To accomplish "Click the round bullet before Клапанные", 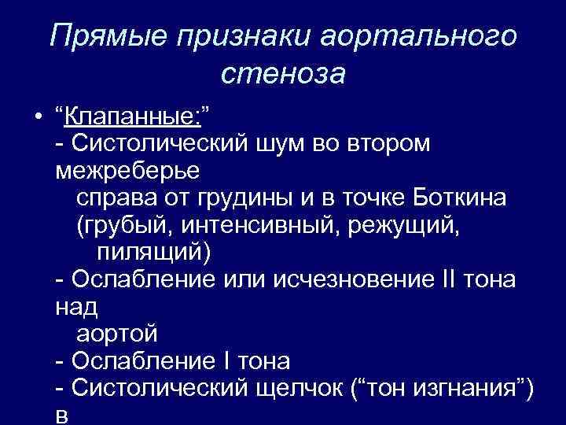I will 37,119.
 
